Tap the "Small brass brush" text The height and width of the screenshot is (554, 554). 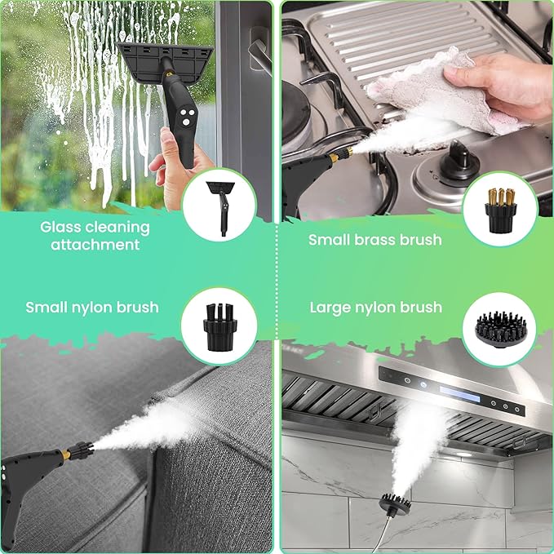coord(375,240)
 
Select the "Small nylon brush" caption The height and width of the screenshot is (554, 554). coord(91,308)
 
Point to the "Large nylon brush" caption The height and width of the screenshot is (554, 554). coord(375,308)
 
